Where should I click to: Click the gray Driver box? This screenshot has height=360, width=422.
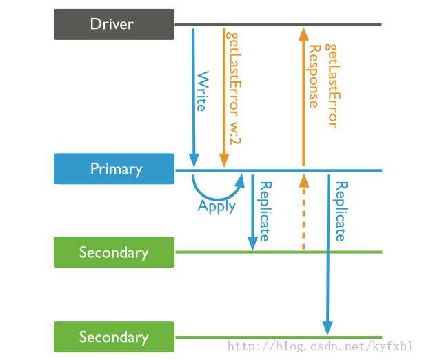pos(114,24)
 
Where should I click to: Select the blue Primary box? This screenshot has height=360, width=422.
pos(114,169)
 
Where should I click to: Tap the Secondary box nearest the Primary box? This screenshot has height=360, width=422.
pos(114,252)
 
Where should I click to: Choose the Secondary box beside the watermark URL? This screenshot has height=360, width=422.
pos(114,337)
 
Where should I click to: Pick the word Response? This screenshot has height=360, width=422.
pos(314,77)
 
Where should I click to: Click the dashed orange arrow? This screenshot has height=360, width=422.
pos(302,214)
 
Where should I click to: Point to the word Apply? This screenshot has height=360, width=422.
pos(217,206)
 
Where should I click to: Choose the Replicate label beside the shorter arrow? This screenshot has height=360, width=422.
pos(263,211)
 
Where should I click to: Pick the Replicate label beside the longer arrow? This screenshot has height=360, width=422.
pos(339,211)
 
